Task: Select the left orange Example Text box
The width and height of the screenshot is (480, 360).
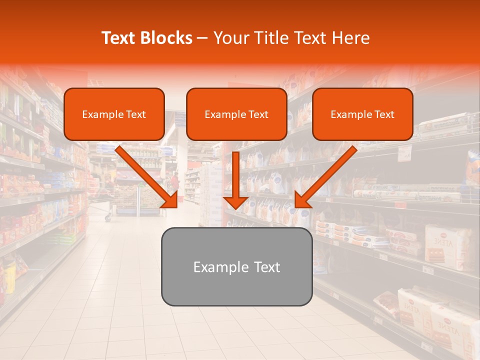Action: click(114, 114)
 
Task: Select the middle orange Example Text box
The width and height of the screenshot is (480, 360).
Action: click(236, 114)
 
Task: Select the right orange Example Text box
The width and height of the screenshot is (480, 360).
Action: click(362, 114)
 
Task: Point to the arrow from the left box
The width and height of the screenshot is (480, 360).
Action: click(147, 177)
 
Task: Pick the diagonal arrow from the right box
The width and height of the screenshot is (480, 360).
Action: click(325, 177)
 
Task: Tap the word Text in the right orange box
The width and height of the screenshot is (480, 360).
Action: click(384, 114)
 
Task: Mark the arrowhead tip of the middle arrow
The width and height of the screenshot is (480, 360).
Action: click(236, 208)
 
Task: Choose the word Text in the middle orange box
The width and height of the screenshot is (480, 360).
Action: click(258, 114)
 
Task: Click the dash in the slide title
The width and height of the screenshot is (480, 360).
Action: click(202, 38)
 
